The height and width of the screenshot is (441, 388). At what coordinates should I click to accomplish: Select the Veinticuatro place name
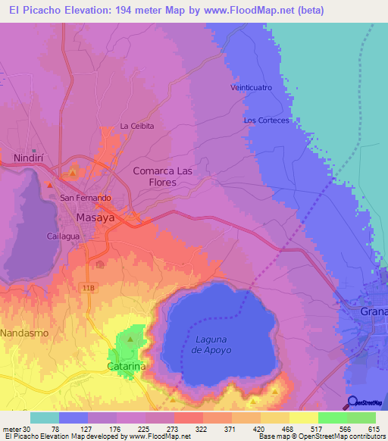pyautogui.click(x=251, y=87)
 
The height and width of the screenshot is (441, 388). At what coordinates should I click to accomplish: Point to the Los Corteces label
pyautogui.click(x=266, y=120)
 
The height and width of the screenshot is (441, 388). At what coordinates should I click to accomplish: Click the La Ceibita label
pyautogui.click(x=136, y=126)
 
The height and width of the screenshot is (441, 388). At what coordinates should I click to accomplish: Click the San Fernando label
pyautogui.click(x=86, y=198)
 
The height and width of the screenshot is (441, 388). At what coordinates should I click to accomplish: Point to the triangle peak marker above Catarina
pyautogui.click(x=131, y=339)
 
